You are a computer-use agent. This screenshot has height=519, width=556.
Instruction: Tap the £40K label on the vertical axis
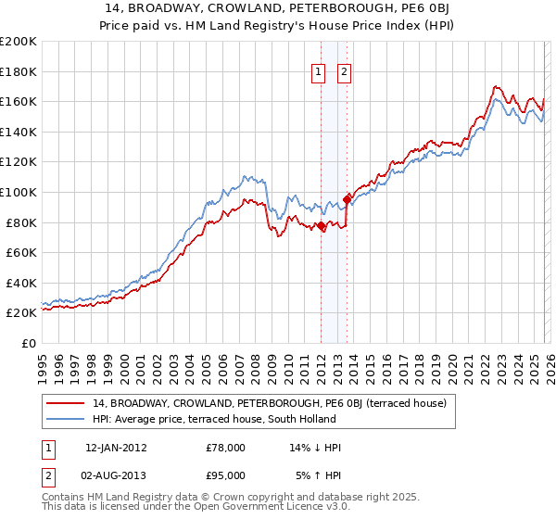21,283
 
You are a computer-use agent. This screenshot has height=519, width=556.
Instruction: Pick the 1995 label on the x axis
43,362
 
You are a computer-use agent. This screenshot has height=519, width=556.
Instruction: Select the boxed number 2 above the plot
344,72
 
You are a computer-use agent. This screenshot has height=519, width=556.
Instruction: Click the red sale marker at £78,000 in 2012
321,225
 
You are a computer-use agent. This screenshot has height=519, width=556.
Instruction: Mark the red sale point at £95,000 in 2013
347,198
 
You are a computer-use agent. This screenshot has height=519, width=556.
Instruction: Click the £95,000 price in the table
226,477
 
